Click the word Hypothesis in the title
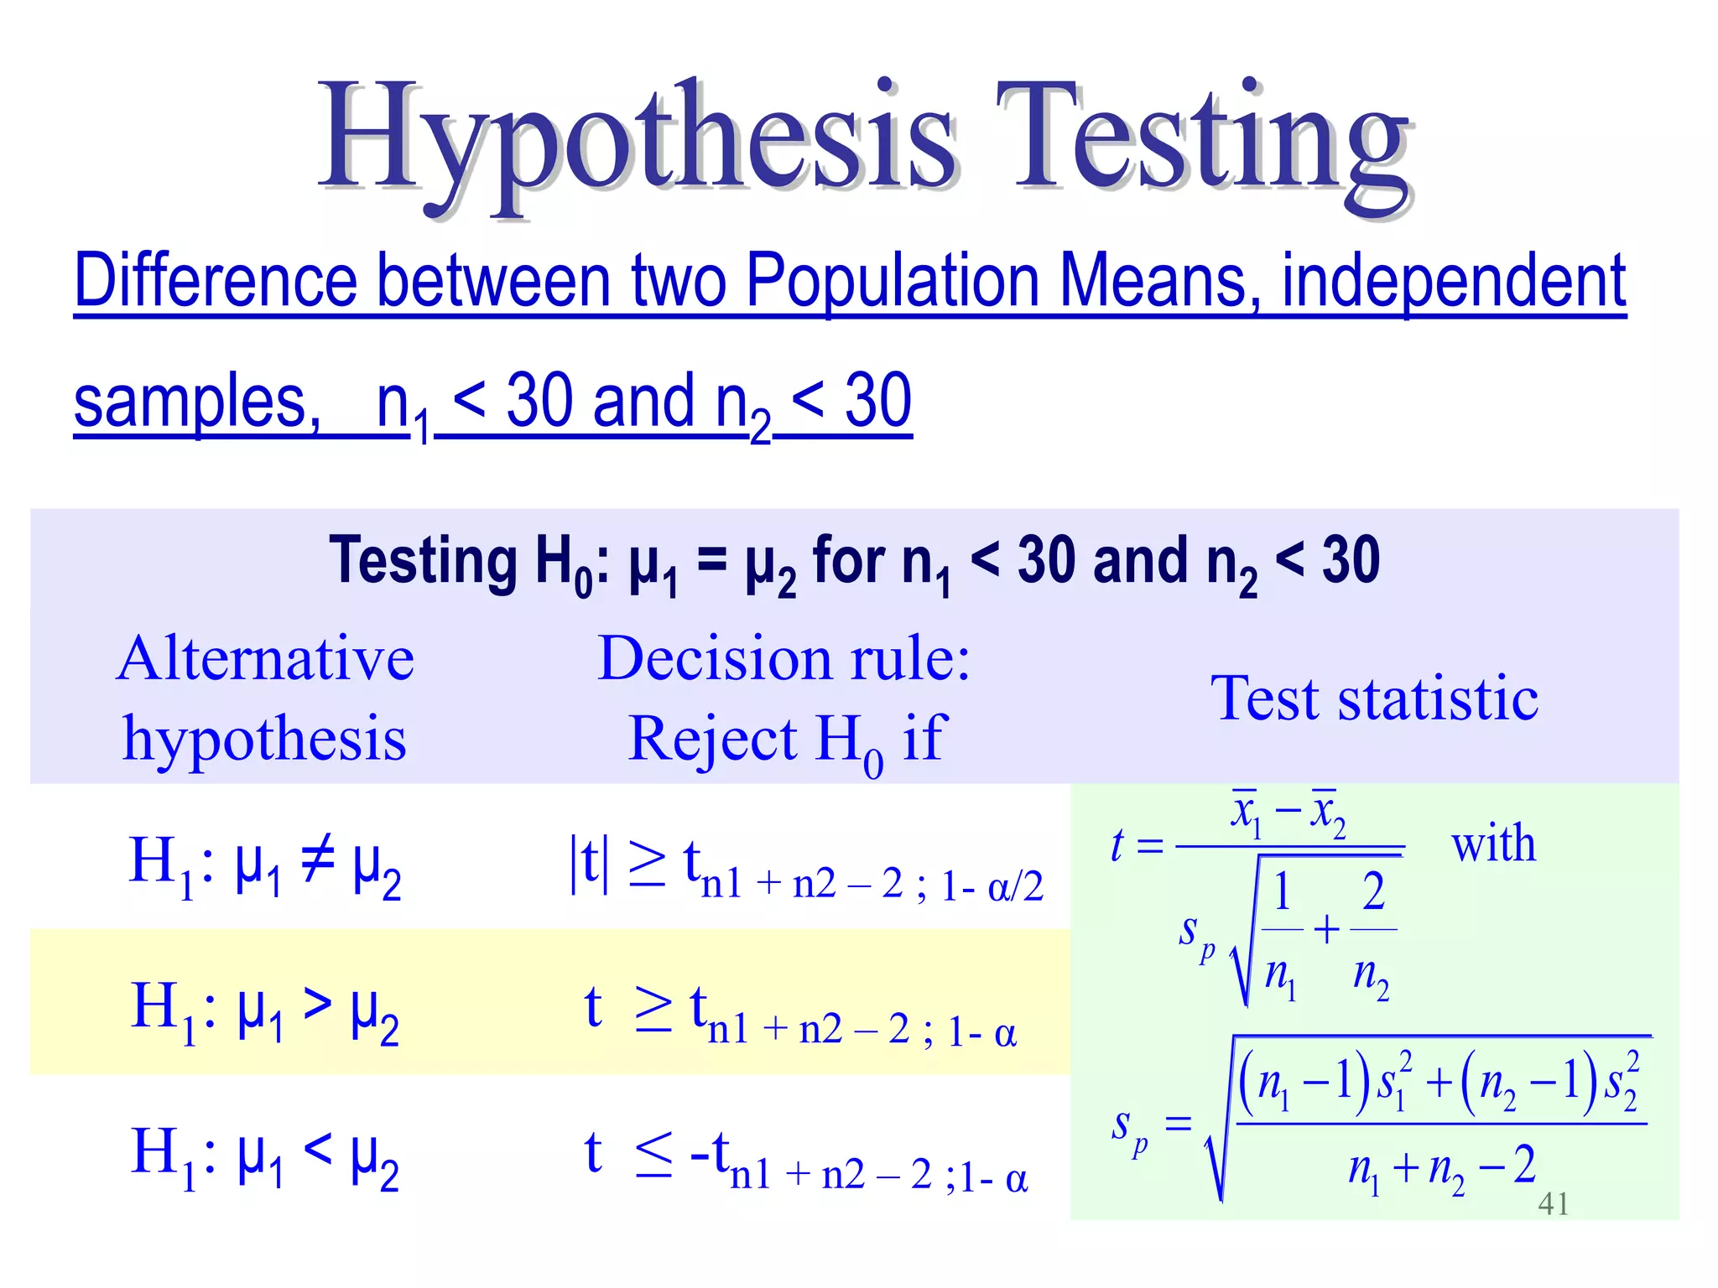(638, 138)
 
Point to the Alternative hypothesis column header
(265, 698)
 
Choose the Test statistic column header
(1374, 698)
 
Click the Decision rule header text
(784, 659)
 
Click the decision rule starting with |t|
(805, 868)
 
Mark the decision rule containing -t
(805, 1157)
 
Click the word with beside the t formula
(1493, 843)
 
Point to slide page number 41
(1554, 1204)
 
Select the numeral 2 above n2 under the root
(1373, 891)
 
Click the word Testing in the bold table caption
(424, 560)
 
